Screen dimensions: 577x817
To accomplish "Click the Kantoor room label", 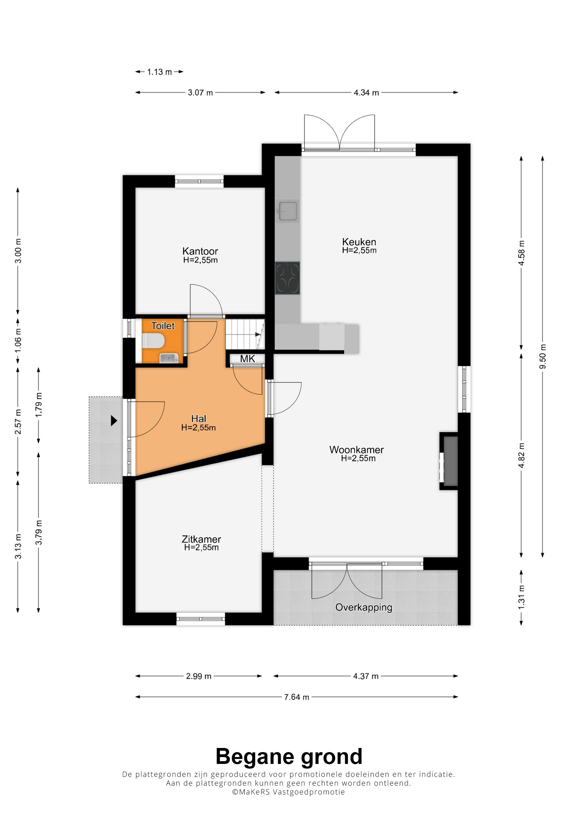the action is pyautogui.click(x=200, y=251).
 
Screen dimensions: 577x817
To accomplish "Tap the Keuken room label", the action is pyautogui.click(x=359, y=242).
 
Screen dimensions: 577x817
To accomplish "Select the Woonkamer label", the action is pyautogui.click(x=357, y=450).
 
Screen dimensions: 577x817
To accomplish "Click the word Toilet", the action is pyautogui.click(x=163, y=326).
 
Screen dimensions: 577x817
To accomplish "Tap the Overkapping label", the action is pyautogui.click(x=364, y=607).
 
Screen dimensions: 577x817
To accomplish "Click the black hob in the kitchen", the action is pyautogui.click(x=287, y=278).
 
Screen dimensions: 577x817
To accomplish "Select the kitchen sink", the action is pyautogui.click(x=287, y=211).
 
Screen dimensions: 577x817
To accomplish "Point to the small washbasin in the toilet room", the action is pyautogui.click(x=168, y=358).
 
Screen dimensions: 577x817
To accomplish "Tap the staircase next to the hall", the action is pyautogui.click(x=246, y=334).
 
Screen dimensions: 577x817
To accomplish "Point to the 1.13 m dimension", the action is pyautogui.click(x=159, y=72).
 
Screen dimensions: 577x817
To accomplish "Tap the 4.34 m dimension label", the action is pyautogui.click(x=366, y=92).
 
